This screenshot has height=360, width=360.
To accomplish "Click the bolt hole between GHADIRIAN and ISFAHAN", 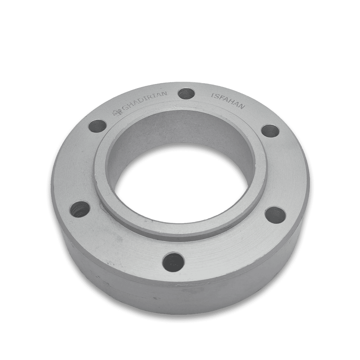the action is pos(186,94).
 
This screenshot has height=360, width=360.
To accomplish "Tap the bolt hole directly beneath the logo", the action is pos(97,126).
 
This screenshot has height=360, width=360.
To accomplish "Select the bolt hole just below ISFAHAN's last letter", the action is pos(270,131).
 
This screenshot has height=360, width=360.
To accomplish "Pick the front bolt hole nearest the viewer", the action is pos(173,262).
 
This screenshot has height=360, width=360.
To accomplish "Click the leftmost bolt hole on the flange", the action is pos(80,209).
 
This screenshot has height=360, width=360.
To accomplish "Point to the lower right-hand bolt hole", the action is pos(276,215).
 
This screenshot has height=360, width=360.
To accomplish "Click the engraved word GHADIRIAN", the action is pos(144,102).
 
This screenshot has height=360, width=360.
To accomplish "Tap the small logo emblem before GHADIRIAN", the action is pos(117,112).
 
